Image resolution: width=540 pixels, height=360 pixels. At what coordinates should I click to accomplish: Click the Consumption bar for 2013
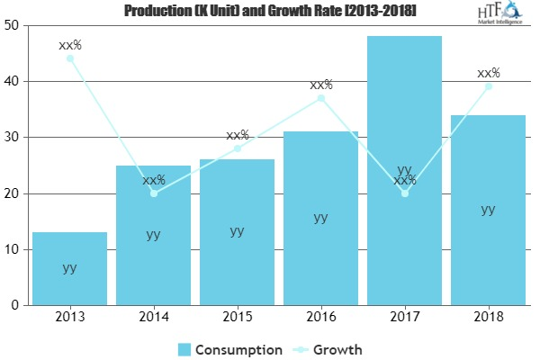coord(69,270)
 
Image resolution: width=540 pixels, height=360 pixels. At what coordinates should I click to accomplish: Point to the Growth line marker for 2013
coord(69,58)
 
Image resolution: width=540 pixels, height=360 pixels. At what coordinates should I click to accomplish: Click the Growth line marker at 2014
coord(153,193)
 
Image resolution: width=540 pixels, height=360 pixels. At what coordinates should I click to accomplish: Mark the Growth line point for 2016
coord(320,98)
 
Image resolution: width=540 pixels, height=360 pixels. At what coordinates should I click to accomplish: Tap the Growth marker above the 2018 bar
coord(488,86)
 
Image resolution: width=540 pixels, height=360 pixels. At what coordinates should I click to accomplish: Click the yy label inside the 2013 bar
coord(69,268)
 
